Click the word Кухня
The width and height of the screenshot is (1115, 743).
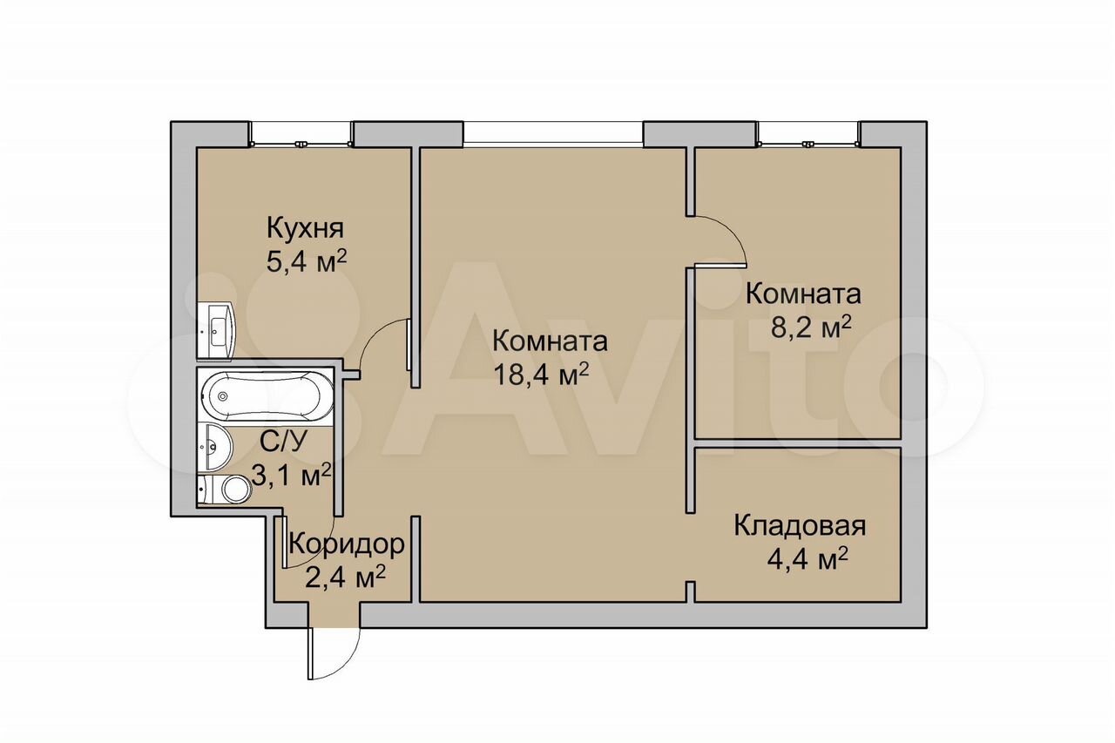[x=305, y=229]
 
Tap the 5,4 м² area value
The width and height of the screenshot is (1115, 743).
[x=306, y=261]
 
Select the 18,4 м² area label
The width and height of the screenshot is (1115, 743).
[x=542, y=374]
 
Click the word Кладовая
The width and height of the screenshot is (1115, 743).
[x=801, y=526]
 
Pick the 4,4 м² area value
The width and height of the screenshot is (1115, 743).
[x=808, y=559]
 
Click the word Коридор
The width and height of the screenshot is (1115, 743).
[x=347, y=546]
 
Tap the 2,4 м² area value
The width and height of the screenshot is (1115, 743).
[x=346, y=578]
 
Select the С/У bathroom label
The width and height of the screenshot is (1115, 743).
[x=284, y=442]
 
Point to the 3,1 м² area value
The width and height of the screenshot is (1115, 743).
[x=291, y=474]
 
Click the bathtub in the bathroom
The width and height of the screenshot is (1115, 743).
[x=267, y=395]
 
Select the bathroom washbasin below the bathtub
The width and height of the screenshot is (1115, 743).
[x=215, y=447]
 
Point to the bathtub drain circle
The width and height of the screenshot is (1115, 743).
[x=222, y=396]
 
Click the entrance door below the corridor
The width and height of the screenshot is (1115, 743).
[x=334, y=655]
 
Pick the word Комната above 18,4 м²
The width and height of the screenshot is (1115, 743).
[x=550, y=341]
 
